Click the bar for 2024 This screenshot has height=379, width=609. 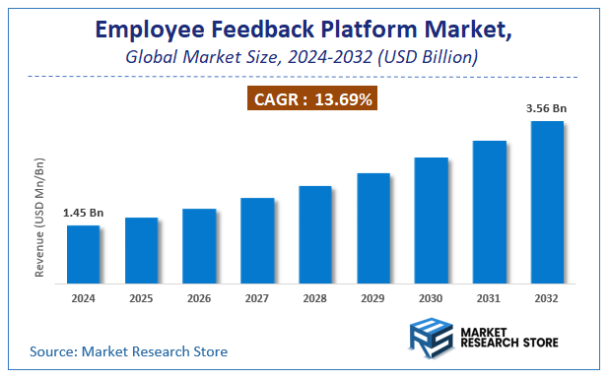tap(83, 254)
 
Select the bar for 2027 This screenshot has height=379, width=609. tap(257, 240)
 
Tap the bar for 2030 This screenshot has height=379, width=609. tap(432, 220)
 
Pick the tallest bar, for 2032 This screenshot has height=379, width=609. tap(547, 202)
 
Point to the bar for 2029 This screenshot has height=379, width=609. tap(373, 227)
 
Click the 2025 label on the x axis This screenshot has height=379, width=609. tap(141, 296)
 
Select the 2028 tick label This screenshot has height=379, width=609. tap(315, 296)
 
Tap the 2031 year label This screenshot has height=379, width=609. tap(490, 296)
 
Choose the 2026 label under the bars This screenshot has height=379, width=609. tap(199, 296)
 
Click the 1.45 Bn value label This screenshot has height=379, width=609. tap(83, 213)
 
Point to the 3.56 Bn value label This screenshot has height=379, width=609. tap(547, 108)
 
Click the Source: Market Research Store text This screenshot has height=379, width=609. tap(128, 351)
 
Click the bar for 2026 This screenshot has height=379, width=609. tap(199, 245)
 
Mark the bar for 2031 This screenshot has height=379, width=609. tap(490, 212)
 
